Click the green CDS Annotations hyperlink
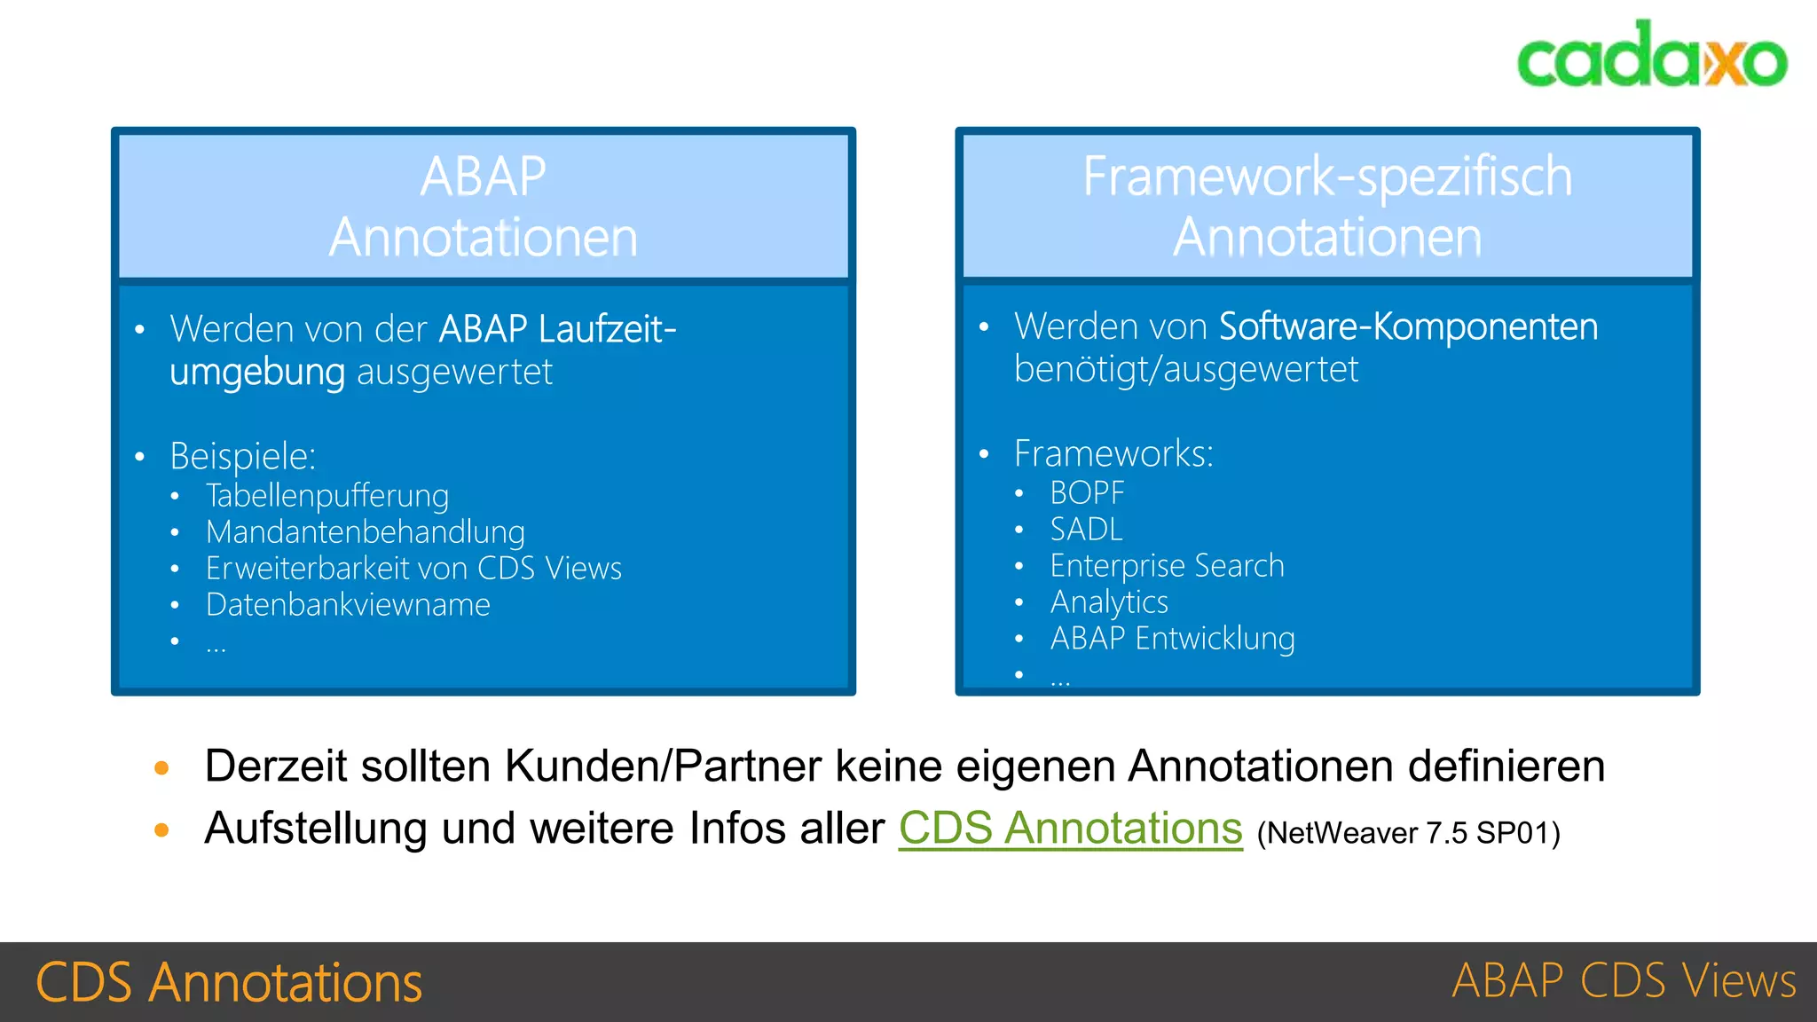click(1070, 829)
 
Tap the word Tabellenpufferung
click(327, 495)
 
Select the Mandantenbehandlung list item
click(366, 532)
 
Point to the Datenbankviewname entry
click(348, 605)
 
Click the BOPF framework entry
click(1087, 492)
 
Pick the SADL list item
click(1086, 530)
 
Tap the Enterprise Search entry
click(1167, 566)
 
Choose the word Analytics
click(1109, 602)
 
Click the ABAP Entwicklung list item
click(1172, 639)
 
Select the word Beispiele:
click(242, 456)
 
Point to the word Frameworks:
click(1113, 453)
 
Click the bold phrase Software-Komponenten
click(1408, 326)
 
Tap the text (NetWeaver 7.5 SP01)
click(1408, 833)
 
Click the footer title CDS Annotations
click(229, 982)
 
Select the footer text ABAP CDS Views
click(1624, 981)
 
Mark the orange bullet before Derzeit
click(161, 767)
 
